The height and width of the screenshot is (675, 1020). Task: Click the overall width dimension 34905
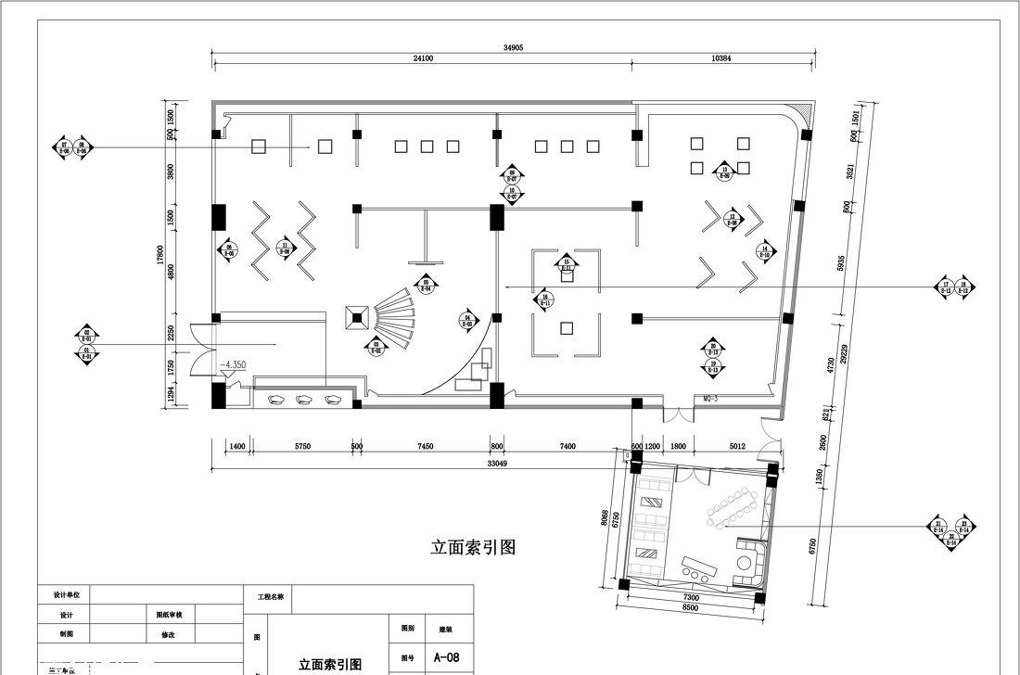pyautogui.click(x=513, y=46)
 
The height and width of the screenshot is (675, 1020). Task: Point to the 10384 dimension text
pyautogui.click(x=721, y=58)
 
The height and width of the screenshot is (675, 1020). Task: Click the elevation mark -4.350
pyautogui.click(x=232, y=365)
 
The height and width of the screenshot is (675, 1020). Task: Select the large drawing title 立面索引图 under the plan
pyautogui.click(x=473, y=547)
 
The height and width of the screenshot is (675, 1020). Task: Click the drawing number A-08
pyautogui.click(x=446, y=657)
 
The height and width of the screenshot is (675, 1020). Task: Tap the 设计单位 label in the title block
pyautogui.click(x=64, y=594)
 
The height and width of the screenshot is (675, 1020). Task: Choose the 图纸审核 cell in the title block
pyautogui.click(x=169, y=614)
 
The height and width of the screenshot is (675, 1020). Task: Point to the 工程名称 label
pyautogui.click(x=269, y=597)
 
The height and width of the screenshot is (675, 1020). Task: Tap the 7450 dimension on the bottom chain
pyautogui.click(x=425, y=447)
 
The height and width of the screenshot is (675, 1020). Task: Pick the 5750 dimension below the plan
pyautogui.click(x=302, y=447)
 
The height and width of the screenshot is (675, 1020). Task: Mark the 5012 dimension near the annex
pyautogui.click(x=737, y=447)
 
